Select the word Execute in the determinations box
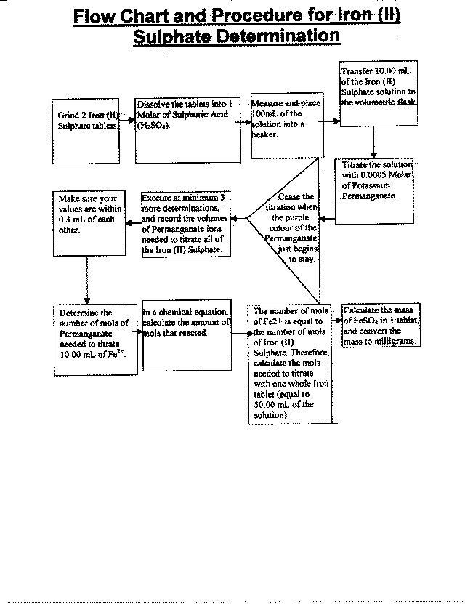[x=158, y=198]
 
